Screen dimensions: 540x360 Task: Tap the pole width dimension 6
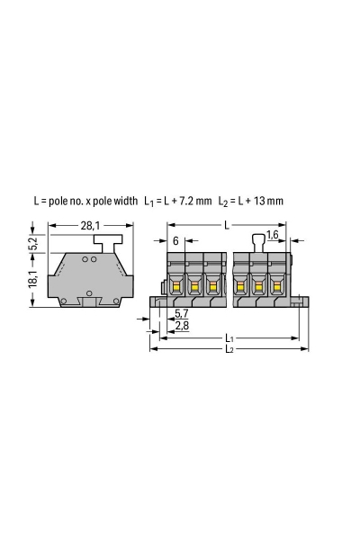point(175,241)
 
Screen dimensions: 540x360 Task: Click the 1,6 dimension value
point(272,235)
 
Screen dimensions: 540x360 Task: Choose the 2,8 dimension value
point(182,325)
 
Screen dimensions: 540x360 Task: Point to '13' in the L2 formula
point(257,201)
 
